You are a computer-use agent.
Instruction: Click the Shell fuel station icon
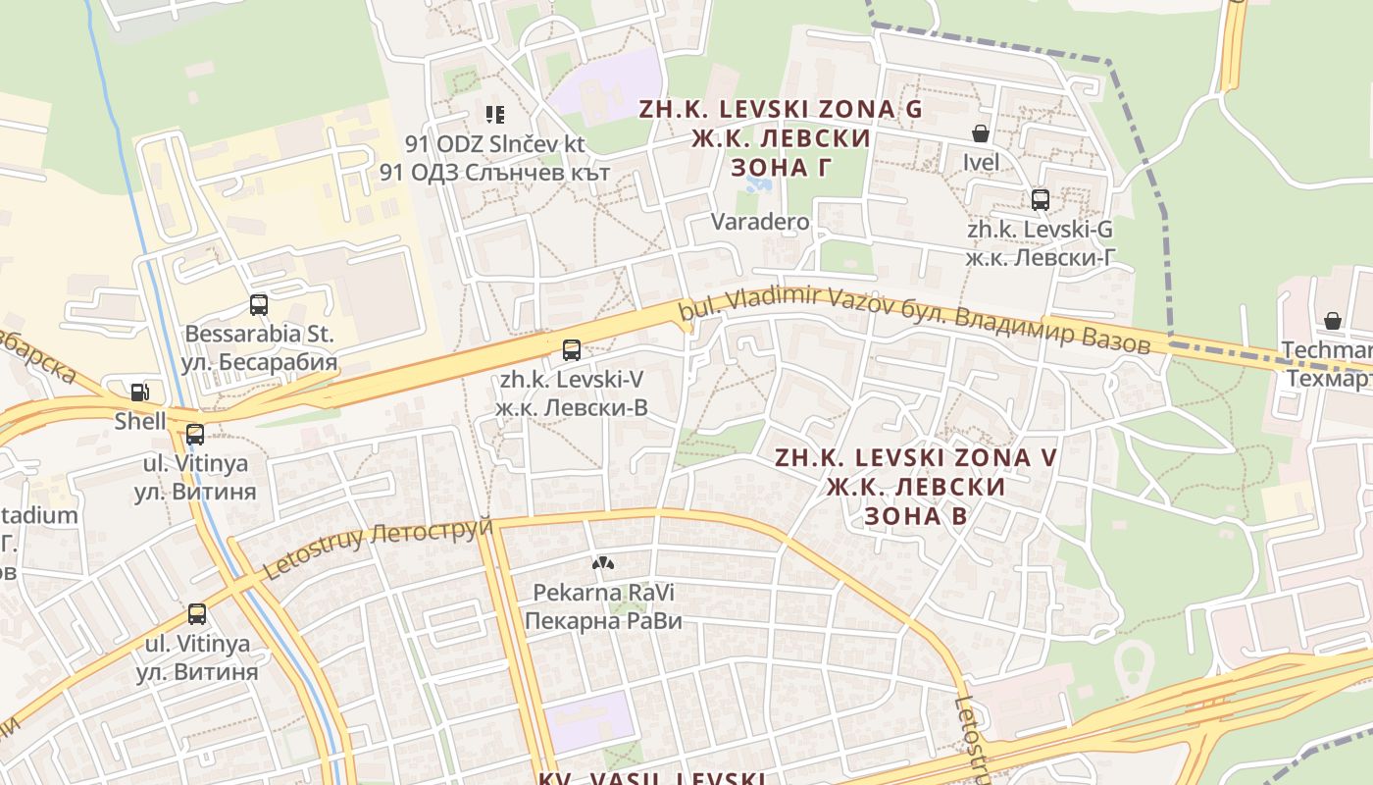(139, 392)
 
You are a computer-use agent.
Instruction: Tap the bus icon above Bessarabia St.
(259, 305)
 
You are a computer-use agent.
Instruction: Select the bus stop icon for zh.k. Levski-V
(571, 349)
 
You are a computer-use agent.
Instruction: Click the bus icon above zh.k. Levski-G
(1040, 200)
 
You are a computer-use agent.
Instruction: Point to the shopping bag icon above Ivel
(980, 133)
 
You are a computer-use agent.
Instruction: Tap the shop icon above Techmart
(1332, 321)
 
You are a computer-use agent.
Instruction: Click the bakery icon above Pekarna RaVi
(601, 563)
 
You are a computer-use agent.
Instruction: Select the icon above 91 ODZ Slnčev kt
(495, 115)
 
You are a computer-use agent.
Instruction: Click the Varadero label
(760, 222)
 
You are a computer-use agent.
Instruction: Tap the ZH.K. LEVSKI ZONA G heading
(781, 109)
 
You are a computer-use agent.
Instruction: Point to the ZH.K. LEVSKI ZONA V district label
(917, 457)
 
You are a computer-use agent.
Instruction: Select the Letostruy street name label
(378, 546)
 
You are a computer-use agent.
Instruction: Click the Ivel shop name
(981, 162)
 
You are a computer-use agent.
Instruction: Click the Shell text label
(140, 422)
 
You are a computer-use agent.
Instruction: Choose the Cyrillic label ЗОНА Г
(782, 168)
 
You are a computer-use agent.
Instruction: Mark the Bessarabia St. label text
(259, 334)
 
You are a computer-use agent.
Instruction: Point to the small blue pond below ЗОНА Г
(765, 184)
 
